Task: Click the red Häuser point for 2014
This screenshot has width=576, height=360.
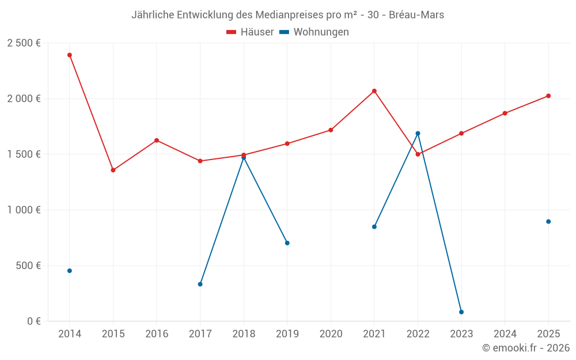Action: (70, 55)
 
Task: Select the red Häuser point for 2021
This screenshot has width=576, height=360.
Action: (374, 91)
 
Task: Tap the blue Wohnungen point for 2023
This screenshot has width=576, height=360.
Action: (461, 312)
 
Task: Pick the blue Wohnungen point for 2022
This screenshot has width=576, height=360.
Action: (418, 134)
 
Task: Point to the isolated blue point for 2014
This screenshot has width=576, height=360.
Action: (70, 271)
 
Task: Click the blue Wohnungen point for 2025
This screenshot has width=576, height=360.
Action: (548, 222)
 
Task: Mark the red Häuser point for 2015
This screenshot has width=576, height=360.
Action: (113, 170)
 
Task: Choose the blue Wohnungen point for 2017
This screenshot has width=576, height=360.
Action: (200, 284)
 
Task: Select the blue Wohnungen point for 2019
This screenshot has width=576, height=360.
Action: (287, 243)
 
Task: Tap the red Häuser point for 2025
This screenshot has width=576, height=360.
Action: (548, 96)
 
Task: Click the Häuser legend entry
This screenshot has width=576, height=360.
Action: (250, 32)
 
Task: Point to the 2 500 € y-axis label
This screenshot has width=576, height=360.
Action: (24, 43)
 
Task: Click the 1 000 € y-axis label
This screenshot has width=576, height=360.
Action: (24, 210)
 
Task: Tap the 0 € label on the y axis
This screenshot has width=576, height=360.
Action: (33, 321)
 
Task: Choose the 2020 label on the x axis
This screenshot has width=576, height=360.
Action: (331, 334)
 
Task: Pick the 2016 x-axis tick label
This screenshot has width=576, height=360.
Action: (157, 334)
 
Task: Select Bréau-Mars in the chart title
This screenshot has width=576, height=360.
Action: (416, 15)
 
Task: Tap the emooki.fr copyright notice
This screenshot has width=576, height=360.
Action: (526, 348)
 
